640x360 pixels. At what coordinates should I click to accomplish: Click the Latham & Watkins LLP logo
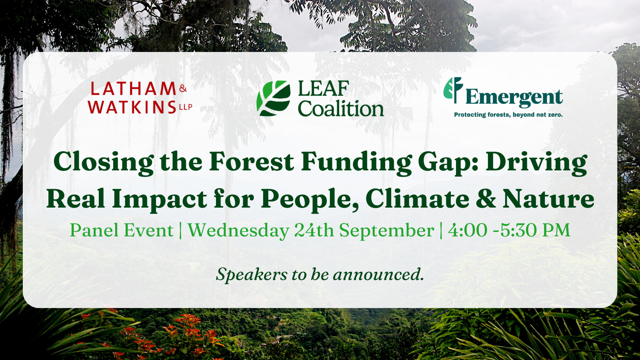[140, 98]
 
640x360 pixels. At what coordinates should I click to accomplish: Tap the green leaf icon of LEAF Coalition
[274, 98]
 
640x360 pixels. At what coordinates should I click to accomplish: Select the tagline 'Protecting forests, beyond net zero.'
[508, 115]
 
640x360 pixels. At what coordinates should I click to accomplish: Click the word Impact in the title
[160, 200]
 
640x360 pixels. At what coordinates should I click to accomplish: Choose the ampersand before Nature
[486, 199]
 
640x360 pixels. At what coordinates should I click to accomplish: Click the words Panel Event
[122, 230]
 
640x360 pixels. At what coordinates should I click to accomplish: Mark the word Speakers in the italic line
[252, 274]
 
